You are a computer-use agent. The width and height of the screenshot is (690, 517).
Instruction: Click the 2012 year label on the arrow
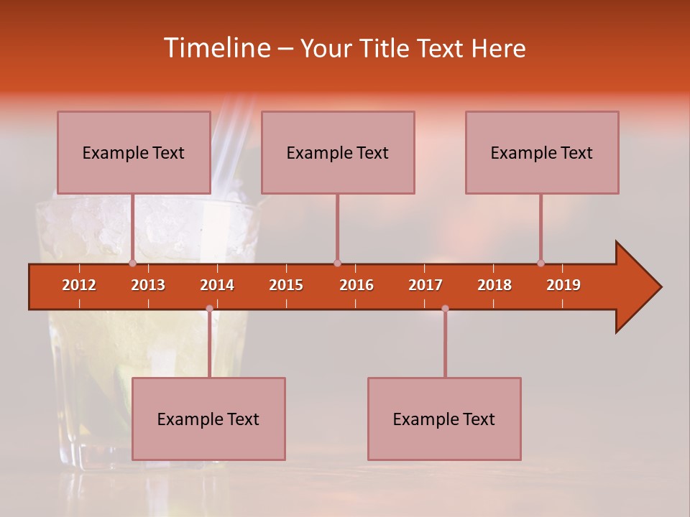(79, 285)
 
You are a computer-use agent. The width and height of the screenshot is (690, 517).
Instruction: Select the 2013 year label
(148, 285)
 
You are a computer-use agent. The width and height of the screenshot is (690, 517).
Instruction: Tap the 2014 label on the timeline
(217, 285)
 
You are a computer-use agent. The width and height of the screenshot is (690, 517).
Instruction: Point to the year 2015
(286, 285)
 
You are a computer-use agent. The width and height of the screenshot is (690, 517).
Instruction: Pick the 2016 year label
(356, 285)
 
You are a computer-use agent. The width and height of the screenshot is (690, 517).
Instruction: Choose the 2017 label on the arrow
(425, 285)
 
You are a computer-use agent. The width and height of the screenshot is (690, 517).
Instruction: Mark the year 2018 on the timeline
(494, 285)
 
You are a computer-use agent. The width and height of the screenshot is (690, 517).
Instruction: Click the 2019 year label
(563, 285)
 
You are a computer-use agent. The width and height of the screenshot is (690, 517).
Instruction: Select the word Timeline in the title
(216, 48)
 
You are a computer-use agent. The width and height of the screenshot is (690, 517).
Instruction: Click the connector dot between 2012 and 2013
(132, 263)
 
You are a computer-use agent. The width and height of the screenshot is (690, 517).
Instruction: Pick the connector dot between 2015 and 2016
(337, 263)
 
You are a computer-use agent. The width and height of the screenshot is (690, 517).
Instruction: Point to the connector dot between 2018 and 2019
(540, 263)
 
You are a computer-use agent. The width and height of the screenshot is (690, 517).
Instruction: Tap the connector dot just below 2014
(209, 309)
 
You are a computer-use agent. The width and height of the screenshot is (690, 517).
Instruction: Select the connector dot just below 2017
(445, 309)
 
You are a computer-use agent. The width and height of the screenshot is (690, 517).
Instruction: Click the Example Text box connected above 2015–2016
(338, 152)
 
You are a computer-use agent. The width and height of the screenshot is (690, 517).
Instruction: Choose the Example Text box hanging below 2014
(208, 419)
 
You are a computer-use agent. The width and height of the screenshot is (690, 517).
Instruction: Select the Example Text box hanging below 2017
(444, 419)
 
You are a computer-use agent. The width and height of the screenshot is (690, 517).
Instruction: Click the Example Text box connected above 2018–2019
(542, 152)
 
